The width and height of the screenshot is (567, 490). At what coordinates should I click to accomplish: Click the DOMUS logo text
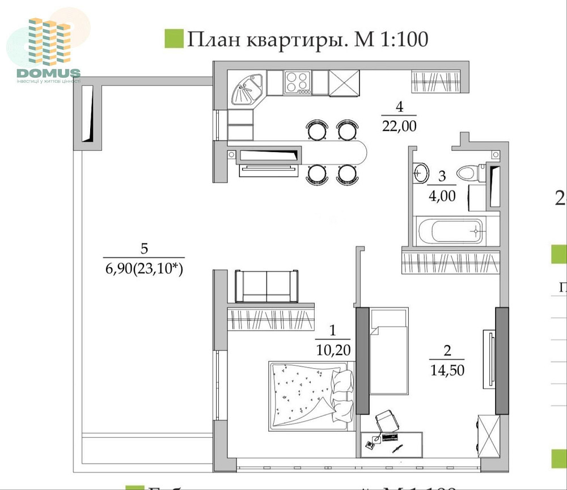[x=49, y=73]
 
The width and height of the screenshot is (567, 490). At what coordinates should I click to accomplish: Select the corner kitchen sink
[x=247, y=88]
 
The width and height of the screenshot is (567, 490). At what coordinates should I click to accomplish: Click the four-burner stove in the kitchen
[x=297, y=83]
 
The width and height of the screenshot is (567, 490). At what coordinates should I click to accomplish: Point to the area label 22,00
[x=399, y=126]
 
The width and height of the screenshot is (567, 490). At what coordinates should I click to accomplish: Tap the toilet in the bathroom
[x=468, y=171]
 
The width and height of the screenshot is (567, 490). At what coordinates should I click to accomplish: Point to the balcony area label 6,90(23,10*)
[x=143, y=270]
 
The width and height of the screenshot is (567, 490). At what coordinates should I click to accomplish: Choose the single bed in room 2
[x=388, y=352]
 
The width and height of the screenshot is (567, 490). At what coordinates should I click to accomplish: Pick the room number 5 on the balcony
[x=143, y=248]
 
